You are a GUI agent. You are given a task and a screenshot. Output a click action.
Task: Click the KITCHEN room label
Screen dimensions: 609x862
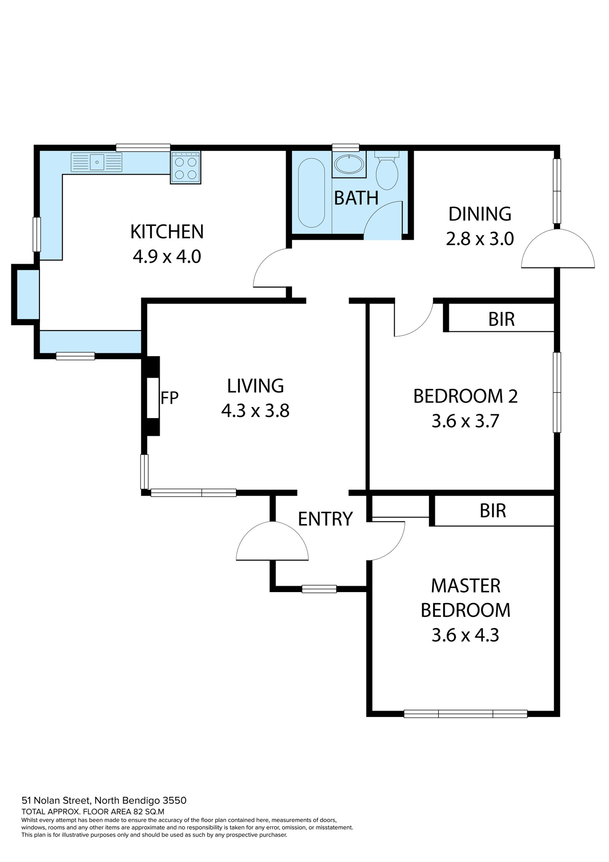click(167, 232)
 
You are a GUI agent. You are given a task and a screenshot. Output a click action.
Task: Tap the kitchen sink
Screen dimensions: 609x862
click(96, 162)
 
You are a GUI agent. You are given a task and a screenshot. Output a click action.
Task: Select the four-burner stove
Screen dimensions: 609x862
click(186, 167)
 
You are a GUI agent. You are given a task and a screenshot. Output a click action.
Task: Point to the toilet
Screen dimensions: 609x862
click(387, 170)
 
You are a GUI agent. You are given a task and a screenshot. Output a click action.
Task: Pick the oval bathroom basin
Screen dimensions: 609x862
click(349, 164)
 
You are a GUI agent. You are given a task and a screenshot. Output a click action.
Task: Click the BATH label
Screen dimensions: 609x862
click(356, 198)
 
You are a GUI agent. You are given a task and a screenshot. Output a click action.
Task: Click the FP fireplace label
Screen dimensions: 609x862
click(169, 398)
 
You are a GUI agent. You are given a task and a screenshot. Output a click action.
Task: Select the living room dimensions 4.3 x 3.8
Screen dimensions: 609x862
click(255, 411)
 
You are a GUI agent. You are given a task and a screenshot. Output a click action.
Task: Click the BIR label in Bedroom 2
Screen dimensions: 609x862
click(501, 319)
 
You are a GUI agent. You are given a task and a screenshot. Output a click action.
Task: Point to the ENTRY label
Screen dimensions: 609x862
click(325, 519)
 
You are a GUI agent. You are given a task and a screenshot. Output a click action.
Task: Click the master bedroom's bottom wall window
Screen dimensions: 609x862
click(465, 714)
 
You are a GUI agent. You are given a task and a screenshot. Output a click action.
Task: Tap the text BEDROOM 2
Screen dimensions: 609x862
click(465, 396)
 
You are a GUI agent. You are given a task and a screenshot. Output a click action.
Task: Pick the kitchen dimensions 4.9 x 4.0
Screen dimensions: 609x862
click(167, 257)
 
